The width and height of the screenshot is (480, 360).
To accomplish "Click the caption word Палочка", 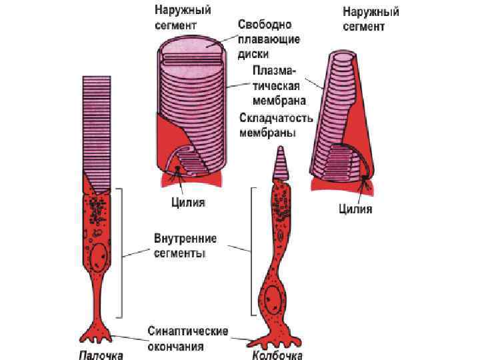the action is pos(101,353).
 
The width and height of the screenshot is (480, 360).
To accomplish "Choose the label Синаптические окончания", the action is pos(188,338).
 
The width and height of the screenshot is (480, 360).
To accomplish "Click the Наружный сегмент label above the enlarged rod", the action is pos(175,18).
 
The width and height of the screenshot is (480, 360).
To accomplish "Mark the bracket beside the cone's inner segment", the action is pos(252,250).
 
